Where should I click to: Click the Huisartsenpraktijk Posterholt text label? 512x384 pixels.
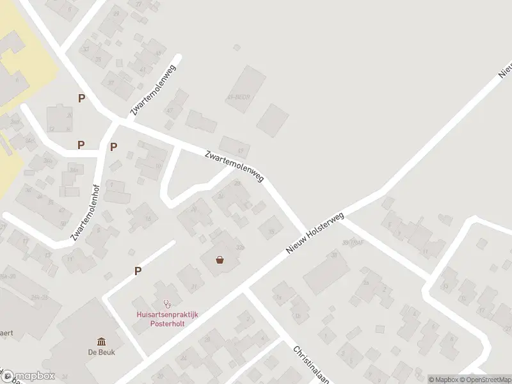pyautogui.click(x=168, y=318)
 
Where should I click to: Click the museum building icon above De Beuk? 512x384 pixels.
pyautogui.click(x=102, y=341)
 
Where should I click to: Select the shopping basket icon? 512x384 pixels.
pyautogui.click(x=220, y=260)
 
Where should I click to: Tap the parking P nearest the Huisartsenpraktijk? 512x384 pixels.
pyautogui.click(x=138, y=271)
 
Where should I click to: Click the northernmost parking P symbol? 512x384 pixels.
pyautogui.click(x=81, y=98)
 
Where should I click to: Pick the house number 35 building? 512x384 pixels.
pyautogui.click(x=271, y=228)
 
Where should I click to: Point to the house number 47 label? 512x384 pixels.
pyautogui.click(x=170, y=111)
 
